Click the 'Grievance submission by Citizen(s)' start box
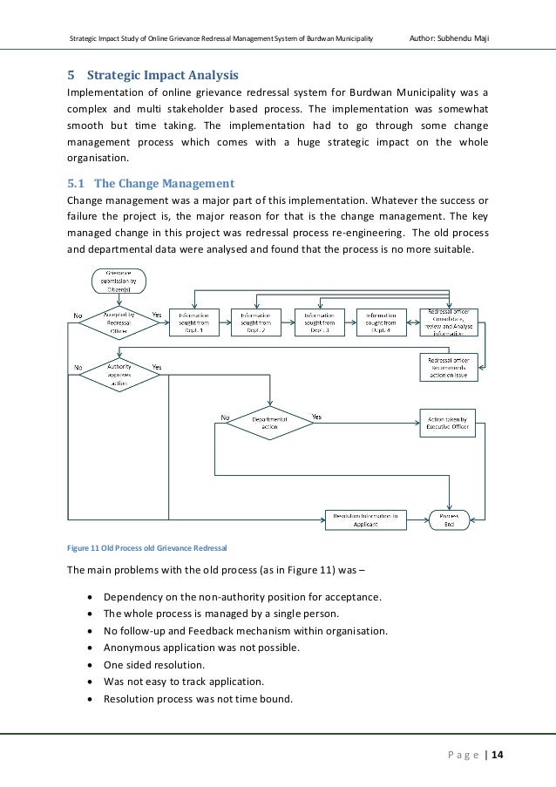119,282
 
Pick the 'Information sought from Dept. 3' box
320,322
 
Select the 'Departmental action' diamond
269,423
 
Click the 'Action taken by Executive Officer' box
448,423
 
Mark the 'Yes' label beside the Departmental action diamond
317,417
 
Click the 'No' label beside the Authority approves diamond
78,368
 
